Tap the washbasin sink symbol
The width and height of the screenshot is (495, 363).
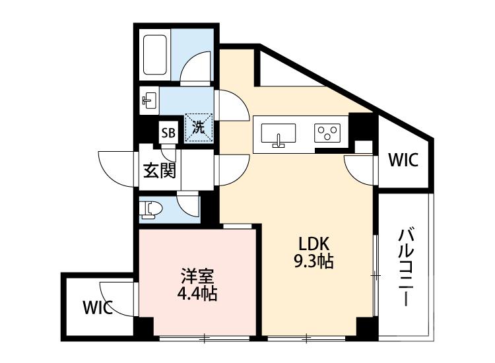click(149, 101)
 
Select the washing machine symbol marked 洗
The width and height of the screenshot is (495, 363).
click(199, 127)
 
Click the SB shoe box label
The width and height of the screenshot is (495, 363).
click(168, 132)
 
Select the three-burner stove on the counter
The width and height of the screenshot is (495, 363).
click(327, 134)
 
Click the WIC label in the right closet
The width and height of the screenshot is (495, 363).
click(403, 160)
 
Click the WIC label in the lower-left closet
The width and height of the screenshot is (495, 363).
click(98, 307)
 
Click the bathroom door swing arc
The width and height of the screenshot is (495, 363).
click(197, 68)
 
